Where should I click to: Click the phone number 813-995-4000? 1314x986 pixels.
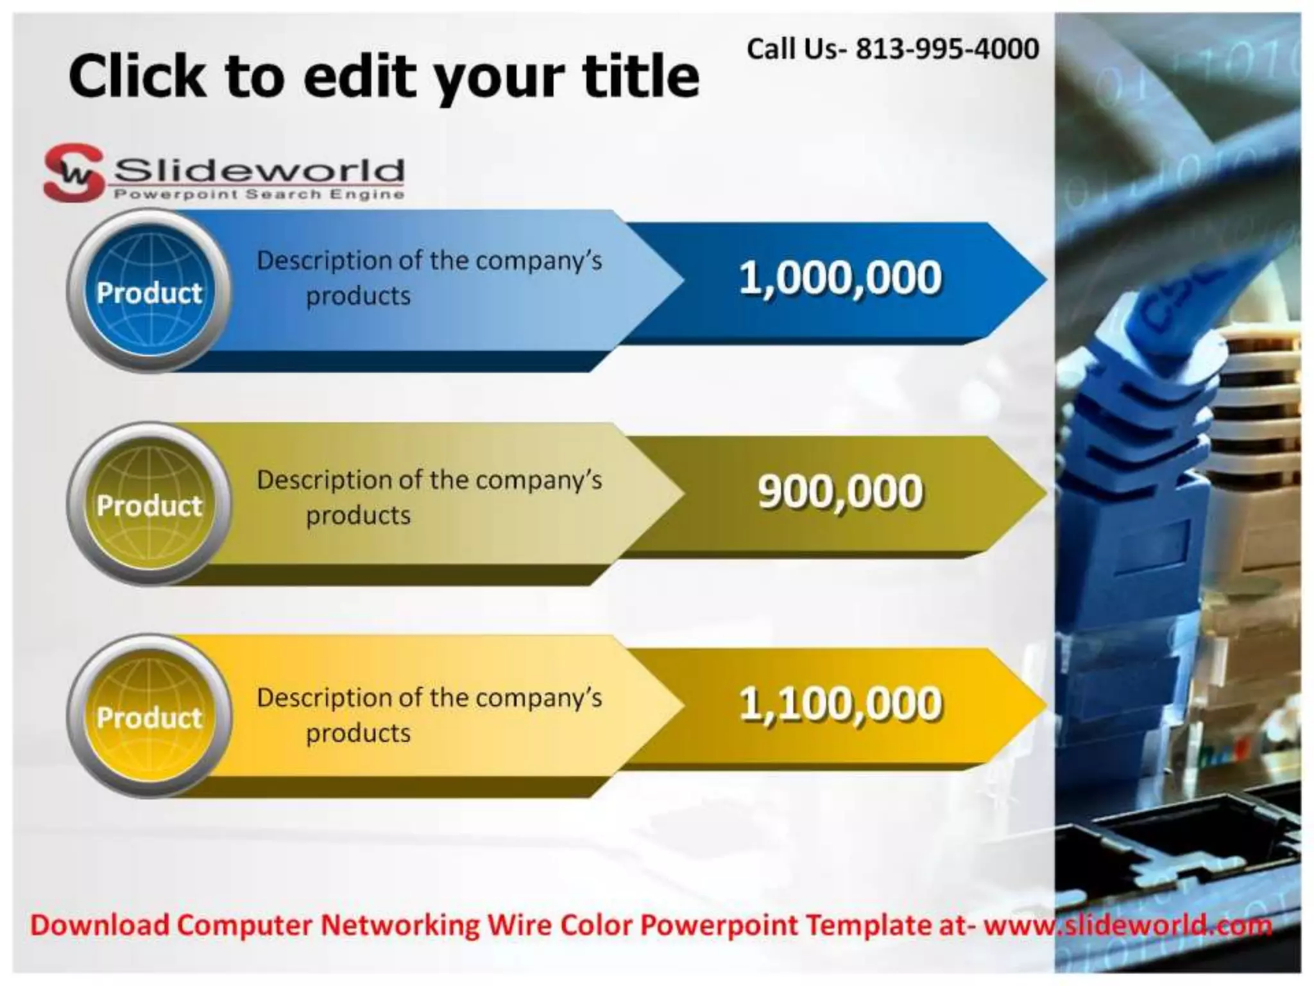point(948,49)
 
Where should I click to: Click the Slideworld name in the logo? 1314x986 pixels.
point(259,170)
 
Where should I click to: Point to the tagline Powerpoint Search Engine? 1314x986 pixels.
point(259,195)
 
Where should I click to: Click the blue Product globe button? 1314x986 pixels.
point(149,292)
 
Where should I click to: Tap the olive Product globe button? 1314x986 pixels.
point(149,505)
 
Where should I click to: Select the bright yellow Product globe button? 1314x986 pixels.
point(149,716)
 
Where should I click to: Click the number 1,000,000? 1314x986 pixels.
point(840,278)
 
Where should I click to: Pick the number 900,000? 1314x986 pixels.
point(840,492)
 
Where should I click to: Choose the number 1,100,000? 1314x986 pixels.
point(840,704)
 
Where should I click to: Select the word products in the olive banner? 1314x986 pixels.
point(358,515)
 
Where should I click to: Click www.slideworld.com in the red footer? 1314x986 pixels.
point(1127,925)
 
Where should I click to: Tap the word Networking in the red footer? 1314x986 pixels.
point(399,925)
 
